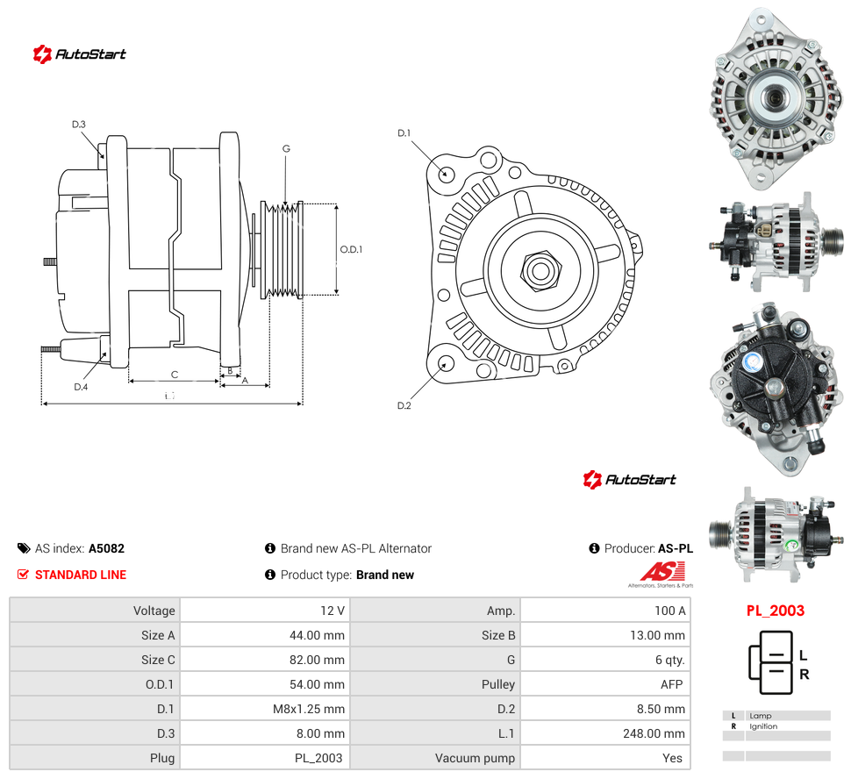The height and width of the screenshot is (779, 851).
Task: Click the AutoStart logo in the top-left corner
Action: point(79,54)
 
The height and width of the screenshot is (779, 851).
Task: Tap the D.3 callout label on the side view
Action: point(79,125)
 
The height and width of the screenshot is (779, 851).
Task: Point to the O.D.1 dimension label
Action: point(351,249)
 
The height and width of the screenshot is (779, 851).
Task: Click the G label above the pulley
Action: point(286,148)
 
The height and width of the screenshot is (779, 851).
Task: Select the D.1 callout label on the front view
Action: point(404,133)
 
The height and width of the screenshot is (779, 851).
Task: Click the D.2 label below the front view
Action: point(404,405)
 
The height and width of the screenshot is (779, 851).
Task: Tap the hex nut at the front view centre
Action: point(540,270)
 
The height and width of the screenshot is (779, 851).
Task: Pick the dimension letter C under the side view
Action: point(175,375)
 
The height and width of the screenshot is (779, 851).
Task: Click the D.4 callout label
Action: point(81,387)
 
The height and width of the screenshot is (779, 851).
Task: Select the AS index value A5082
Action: point(106,548)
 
